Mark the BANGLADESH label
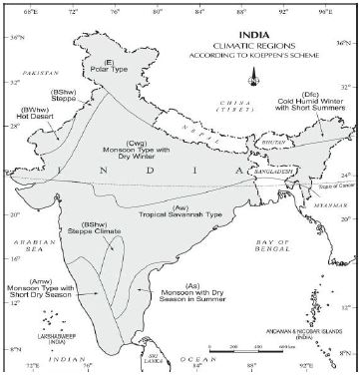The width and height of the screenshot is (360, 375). pos(264,172)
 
